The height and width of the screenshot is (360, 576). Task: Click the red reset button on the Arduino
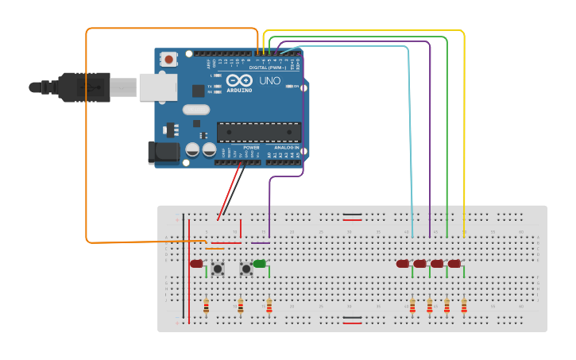click(x=168, y=59)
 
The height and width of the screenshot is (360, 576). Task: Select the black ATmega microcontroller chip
click(x=259, y=132)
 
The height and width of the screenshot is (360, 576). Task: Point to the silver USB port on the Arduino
click(x=157, y=87)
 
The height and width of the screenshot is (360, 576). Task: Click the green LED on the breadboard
click(x=260, y=263)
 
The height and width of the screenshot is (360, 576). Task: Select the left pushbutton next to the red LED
click(x=218, y=269)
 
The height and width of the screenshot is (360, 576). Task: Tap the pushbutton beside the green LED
click(x=246, y=269)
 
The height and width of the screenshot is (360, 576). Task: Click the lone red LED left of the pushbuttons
click(x=196, y=263)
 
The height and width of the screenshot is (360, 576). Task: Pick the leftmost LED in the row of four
click(x=403, y=263)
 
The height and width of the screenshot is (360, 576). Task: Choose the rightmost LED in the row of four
click(x=454, y=263)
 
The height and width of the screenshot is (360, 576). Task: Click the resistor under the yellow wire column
click(x=464, y=305)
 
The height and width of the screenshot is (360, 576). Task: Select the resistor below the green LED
click(x=269, y=305)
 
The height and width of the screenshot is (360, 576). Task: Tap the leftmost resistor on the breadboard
click(x=207, y=305)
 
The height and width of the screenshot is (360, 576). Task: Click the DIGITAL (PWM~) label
click(x=269, y=68)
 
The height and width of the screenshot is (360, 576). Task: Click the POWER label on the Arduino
click(x=251, y=148)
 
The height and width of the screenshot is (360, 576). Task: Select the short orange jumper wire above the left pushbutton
click(x=215, y=248)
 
